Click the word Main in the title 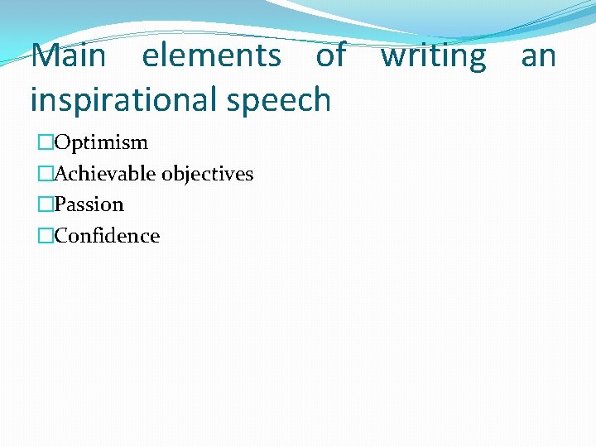tap(69, 56)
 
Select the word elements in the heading tap(211, 56)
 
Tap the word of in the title tap(330, 56)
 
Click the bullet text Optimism tap(101, 143)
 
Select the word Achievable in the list tap(105, 174)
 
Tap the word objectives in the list tap(208, 175)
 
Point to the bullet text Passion tap(89, 204)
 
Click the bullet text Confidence tap(107, 236)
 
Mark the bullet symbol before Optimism tap(46, 143)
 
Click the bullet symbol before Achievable tap(46, 174)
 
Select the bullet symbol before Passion tap(46, 204)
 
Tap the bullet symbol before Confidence tap(46, 236)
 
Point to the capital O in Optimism tap(61, 142)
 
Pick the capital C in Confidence tap(60, 236)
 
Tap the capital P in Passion tap(60, 204)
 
